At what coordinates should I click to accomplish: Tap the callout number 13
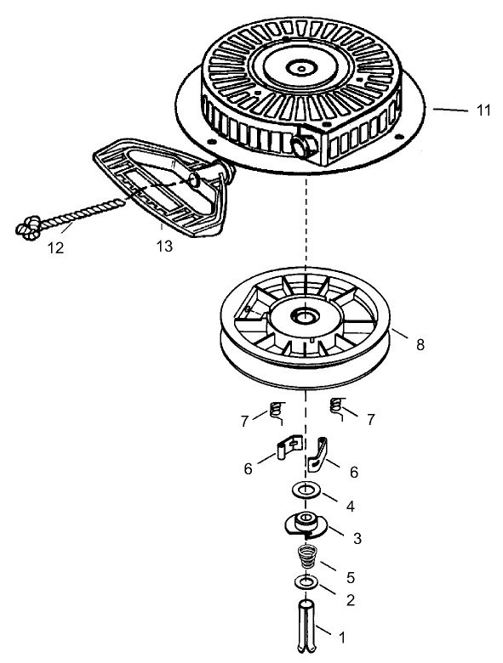click(x=163, y=246)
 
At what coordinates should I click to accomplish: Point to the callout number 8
click(x=420, y=344)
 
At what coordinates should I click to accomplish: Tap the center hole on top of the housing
click(x=302, y=65)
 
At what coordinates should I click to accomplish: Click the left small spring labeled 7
click(x=275, y=411)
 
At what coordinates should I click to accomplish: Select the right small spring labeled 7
click(x=336, y=407)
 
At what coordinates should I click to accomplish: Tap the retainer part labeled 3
click(x=304, y=523)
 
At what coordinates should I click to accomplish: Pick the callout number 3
click(x=357, y=537)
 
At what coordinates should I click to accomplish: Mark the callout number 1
click(x=343, y=635)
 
